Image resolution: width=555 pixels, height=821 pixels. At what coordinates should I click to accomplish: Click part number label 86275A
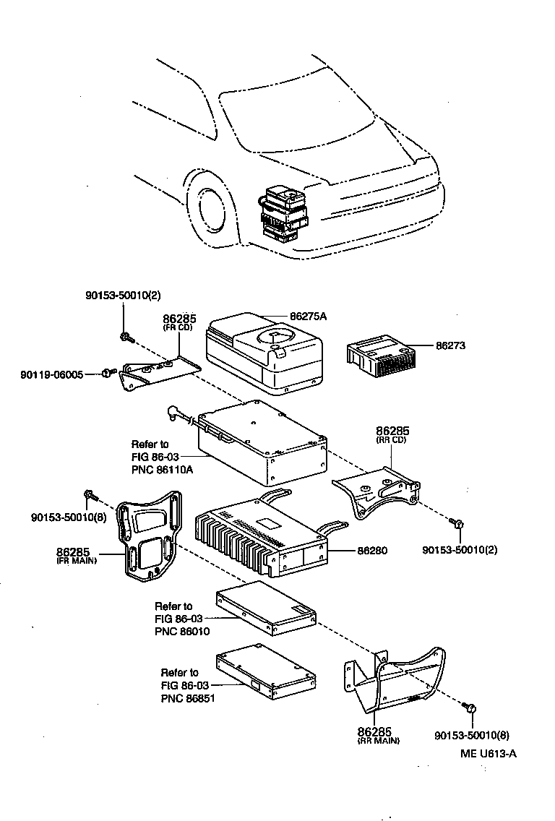309,317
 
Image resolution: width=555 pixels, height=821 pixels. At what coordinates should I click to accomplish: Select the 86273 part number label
450,345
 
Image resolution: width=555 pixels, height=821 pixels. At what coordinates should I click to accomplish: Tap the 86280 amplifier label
372,551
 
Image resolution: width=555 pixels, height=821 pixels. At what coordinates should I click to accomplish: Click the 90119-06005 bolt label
52,374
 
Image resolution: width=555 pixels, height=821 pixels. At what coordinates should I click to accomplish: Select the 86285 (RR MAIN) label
379,736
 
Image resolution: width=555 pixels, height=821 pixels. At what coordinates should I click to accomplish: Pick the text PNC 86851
188,699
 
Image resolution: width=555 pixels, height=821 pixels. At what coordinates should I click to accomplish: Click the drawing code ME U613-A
489,753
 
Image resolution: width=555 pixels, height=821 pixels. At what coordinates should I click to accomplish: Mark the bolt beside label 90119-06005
108,373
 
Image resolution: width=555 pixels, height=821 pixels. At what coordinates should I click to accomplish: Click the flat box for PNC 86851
265,672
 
